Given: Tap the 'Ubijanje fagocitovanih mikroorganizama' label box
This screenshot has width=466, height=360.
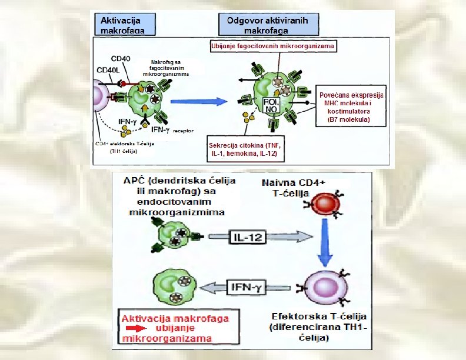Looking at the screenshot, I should click(272, 46).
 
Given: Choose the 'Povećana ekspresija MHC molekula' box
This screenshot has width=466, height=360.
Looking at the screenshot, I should click(350, 106).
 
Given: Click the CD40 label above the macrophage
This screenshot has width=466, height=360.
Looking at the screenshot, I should click(121, 59).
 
